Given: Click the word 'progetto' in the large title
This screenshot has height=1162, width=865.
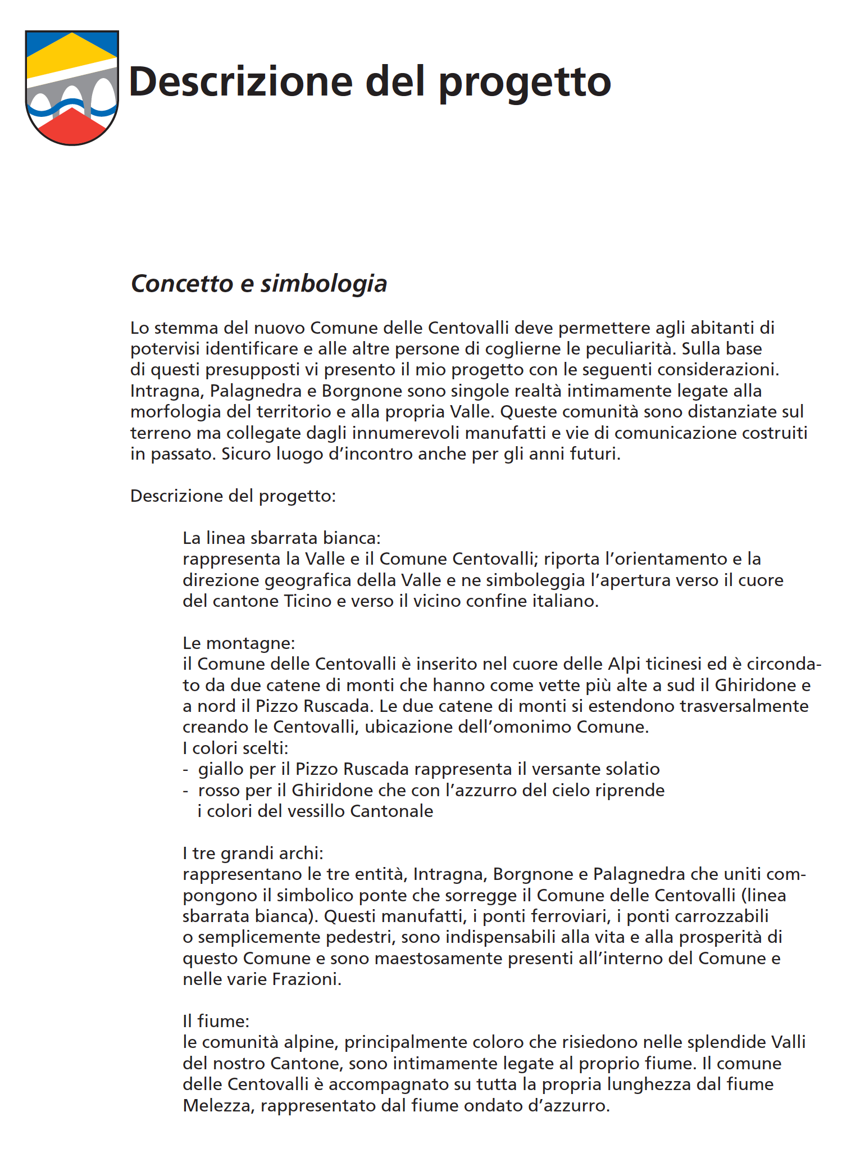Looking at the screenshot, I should pyautogui.click(x=525, y=82).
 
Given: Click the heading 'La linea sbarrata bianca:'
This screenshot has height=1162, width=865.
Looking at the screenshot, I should pyautogui.click(x=281, y=538).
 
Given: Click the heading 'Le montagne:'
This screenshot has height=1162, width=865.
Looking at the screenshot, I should pyautogui.click(x=239, y=643).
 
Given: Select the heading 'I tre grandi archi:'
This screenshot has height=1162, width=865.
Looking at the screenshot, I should pyautogui.click(x=253, y=854).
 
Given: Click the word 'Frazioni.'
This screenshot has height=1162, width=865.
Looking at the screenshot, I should pyautogui.click(x=307, y=979).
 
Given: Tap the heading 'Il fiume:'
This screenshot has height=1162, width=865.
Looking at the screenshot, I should pyautogui.click(x=216, y=1021).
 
